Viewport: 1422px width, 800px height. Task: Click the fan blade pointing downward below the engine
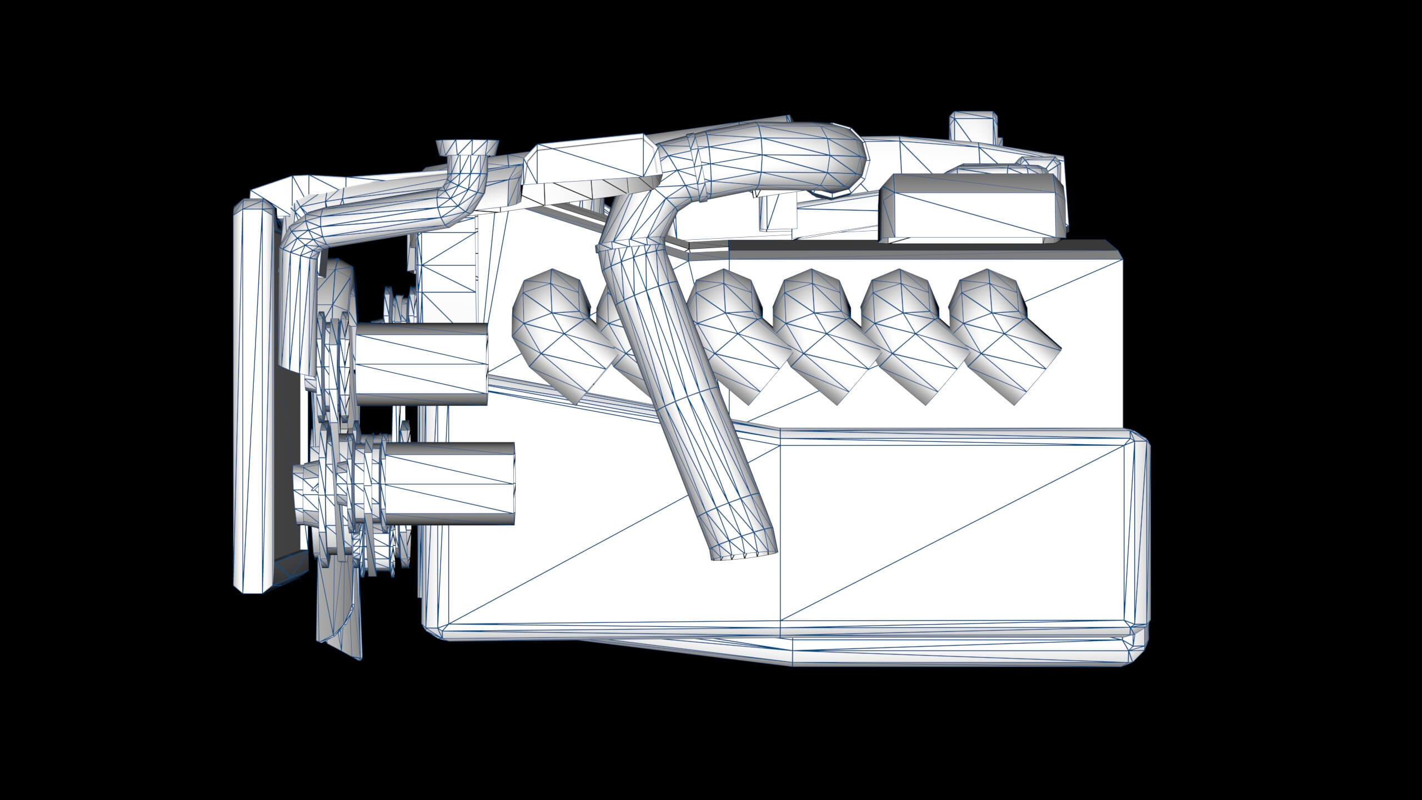coord(339,622)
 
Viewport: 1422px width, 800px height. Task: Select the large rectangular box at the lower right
coord(944,533)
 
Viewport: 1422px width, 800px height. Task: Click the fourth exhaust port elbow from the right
coord(728,328)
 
